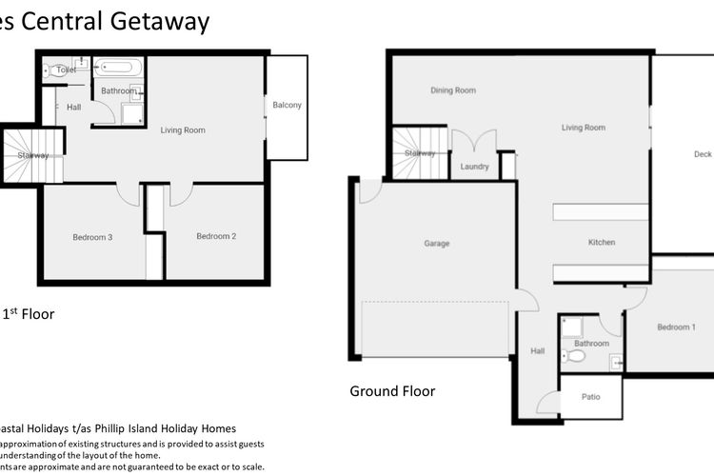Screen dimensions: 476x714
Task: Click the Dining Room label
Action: coord(452,91)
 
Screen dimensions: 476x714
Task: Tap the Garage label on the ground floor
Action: coord(436,244)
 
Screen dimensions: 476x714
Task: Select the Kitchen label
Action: coord(602,243)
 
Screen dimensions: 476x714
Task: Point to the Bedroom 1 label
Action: coord(676,327)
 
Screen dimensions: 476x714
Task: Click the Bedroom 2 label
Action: coord(215,237)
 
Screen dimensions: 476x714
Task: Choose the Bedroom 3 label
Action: coord(93,237)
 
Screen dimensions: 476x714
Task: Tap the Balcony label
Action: coord(287,106)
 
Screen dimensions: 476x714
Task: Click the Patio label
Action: coord(590,399)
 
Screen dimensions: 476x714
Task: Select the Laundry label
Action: coord(474,168)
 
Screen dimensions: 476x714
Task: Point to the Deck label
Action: coord(703,154)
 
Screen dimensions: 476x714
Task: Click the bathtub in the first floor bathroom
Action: coord(119,69)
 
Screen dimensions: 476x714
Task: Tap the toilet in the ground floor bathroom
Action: coord(575,357)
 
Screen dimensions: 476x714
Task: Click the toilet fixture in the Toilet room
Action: coord(50,70)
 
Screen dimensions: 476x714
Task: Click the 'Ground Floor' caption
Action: coord(392,391)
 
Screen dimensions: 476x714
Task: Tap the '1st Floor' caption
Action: coord(28,313)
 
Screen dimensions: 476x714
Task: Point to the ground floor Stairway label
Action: coord(419,153)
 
